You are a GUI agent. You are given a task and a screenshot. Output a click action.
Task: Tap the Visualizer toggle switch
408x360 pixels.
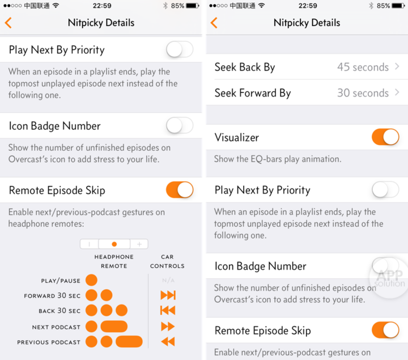click(385, 137)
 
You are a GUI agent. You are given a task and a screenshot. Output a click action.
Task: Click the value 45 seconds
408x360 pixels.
click(363, 67)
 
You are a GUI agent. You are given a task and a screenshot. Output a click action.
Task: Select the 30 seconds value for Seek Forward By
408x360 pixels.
click(363, 93)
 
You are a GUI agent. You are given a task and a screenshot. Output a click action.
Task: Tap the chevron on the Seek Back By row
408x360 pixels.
click(397, 67)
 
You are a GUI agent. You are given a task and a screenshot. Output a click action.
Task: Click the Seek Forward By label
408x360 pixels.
click(253, 93)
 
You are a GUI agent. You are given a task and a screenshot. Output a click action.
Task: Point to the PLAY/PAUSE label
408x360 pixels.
click(61, 281)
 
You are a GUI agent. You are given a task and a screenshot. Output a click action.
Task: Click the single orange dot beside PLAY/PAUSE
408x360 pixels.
click(91, 280)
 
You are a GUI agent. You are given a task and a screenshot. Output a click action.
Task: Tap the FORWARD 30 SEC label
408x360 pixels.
click(52, 295)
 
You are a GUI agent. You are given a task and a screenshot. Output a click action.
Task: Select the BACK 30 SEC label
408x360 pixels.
click(59, 311)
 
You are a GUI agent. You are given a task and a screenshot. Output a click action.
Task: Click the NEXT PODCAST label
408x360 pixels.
click(56, 327)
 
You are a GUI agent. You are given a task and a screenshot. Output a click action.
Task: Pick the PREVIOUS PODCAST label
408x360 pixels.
click(49, 342)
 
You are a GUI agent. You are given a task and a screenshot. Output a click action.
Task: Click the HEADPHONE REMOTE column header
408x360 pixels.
click(114, 261)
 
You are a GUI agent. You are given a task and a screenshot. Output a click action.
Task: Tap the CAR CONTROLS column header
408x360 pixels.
click(167, 261)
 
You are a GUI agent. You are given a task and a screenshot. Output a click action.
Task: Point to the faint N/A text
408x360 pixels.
click(168, 281)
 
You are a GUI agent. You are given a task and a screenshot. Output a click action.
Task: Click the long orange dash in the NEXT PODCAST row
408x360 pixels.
click(114, 327)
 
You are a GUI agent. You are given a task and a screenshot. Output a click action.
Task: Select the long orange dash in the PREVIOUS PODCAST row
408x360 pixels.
click(129, 341)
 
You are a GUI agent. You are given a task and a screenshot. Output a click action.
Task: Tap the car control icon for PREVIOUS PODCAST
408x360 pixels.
click(168, 341)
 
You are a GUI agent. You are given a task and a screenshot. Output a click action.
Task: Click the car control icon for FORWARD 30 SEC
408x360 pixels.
click(168, 295)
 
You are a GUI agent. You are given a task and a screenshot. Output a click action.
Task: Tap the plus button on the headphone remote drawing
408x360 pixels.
click(139, 244)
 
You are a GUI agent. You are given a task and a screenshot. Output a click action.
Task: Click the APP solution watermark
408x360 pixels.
click(389, 278)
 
